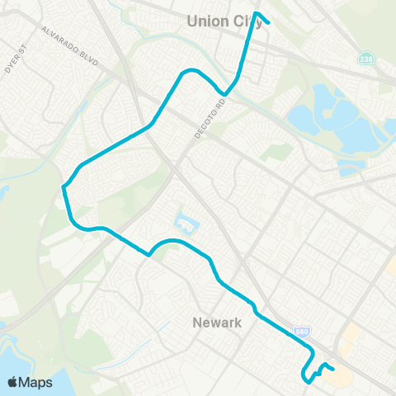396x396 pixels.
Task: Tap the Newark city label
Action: tap(217, 323)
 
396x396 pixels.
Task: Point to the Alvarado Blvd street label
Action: tap(70, 46)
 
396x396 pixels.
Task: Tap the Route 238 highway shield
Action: tap(366, 59)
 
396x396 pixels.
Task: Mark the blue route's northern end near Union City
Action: tap(270, 22)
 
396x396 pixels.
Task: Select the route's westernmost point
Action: tap(64, 188)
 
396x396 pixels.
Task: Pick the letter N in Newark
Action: tap(196, 323)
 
